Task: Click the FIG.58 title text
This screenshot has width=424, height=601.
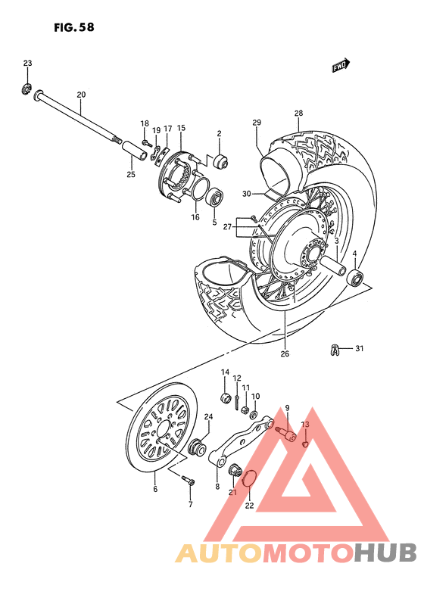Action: [x=74, y=28]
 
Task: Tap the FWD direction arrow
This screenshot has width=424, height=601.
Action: [x=341, y=67]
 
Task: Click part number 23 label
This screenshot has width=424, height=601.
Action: [x=27, y=63]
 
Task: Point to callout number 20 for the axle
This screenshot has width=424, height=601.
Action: [x=81, y=95]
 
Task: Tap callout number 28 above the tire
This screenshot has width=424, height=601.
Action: [x=298, y=114]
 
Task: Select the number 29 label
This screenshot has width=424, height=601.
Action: [x=257, y=123]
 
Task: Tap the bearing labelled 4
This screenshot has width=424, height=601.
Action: [x=354, y=277]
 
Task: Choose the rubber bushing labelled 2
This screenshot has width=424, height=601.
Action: [x=220, y=162]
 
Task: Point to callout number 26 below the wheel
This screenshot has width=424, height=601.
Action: [x=285, y=353]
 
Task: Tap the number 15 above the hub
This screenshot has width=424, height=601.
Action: [x=181, y=128]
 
